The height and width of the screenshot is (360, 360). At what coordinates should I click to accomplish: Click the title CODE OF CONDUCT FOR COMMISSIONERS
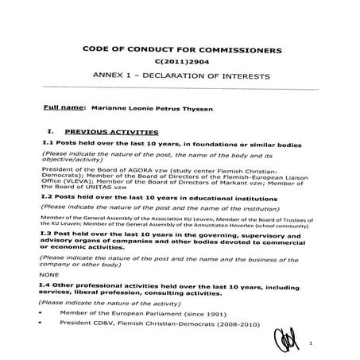pos(182,49)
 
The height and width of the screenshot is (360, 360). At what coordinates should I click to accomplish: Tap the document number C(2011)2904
pos(183,63)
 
